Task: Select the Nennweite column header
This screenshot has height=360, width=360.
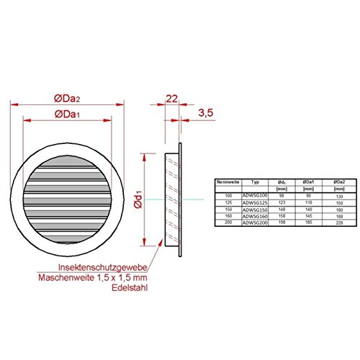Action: pos(228,182)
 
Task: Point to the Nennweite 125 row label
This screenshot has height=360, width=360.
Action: pos(230,203)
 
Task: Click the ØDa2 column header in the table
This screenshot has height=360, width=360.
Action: pos(338,182)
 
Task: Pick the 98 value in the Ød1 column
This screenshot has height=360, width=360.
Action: pos(282,196)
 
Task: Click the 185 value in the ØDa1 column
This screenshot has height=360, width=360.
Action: pos(310,223)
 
